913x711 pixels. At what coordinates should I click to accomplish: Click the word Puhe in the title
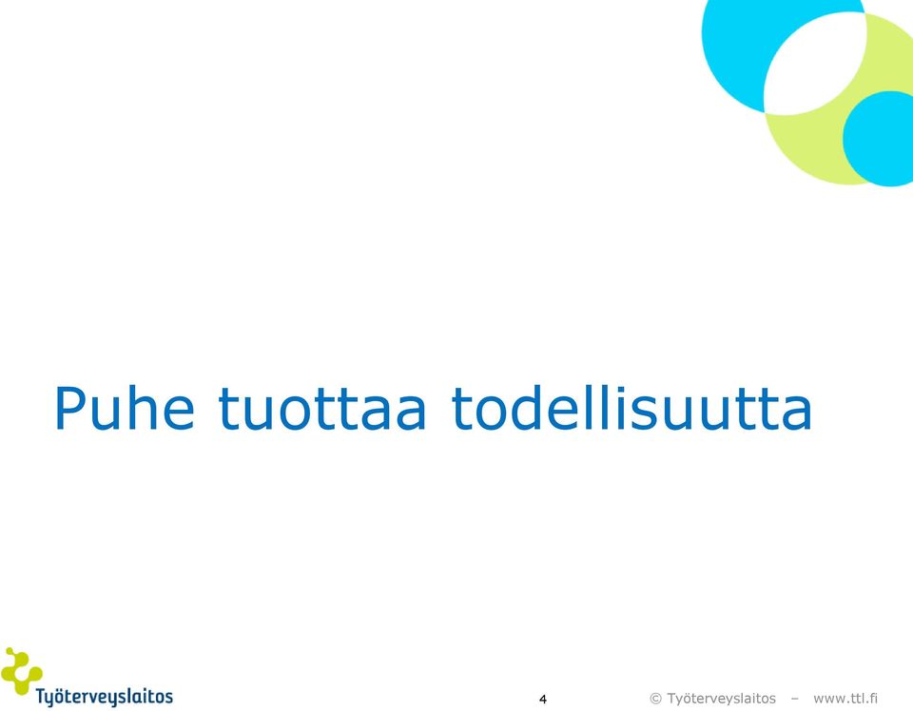pos(124,407)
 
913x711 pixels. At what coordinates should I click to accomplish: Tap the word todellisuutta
pos(631,407)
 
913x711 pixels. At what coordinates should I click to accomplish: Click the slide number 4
pos(543,699)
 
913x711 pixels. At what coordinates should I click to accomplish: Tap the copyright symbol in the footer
pos(655,699)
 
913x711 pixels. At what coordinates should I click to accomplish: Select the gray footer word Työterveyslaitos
pos(721,699)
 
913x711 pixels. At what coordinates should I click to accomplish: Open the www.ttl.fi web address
pos(845,699)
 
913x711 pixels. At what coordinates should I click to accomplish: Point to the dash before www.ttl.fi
pos(795,700)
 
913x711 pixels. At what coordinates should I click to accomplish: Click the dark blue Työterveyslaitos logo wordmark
pos(105,697)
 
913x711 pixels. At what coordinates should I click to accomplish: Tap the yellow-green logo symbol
pos(21,670)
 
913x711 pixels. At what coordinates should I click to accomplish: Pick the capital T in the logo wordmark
pos(41,696)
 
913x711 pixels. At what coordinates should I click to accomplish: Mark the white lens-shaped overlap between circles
pos(815,63)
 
